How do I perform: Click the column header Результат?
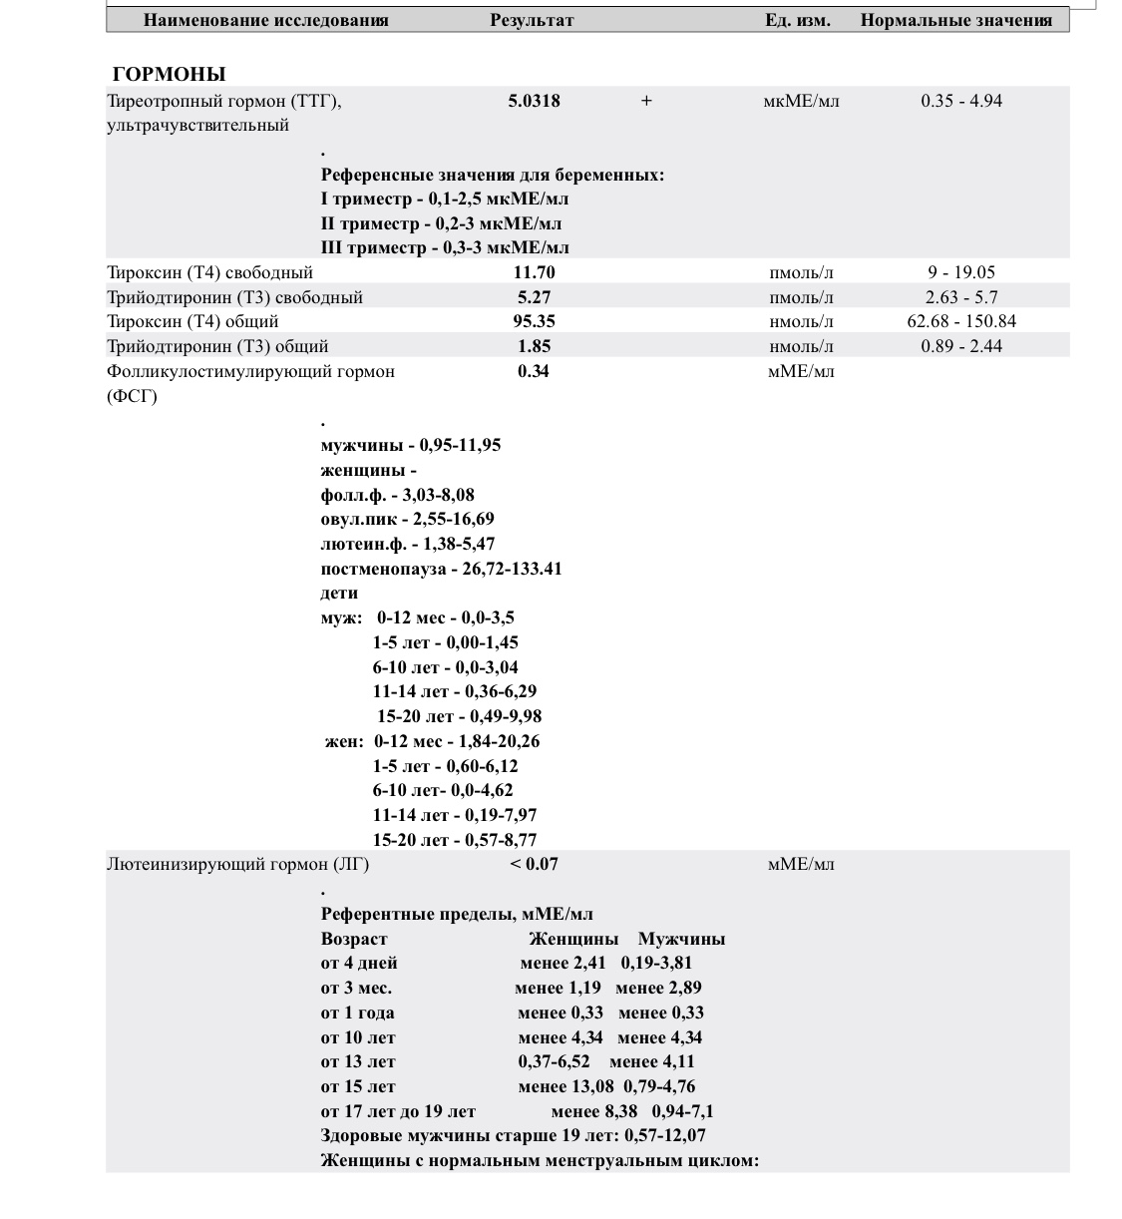[532, 20]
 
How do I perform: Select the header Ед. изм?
[797, 20]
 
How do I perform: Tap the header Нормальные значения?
[955, 20]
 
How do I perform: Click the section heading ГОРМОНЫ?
[170, 74]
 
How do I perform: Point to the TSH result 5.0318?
[534, 101]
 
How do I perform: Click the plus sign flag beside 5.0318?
[646, 101]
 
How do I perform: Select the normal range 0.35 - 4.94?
[961, 101]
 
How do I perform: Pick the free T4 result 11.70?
[534, 272]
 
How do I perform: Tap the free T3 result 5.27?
[534, 297]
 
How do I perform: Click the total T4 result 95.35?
[534, 321]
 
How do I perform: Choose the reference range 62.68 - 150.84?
[961, 321]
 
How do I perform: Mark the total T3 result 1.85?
[534, 346]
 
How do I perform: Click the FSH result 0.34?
[534, 371]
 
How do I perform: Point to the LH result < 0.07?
[534, 864]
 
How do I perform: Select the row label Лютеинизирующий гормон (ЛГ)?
[237, 864]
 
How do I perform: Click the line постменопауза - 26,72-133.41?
[441, 569]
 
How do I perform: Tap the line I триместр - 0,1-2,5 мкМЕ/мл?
[445, 199]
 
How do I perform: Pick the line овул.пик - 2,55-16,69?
[407, 519]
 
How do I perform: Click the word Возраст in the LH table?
[354, 939]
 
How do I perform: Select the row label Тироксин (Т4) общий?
[192, 321]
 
